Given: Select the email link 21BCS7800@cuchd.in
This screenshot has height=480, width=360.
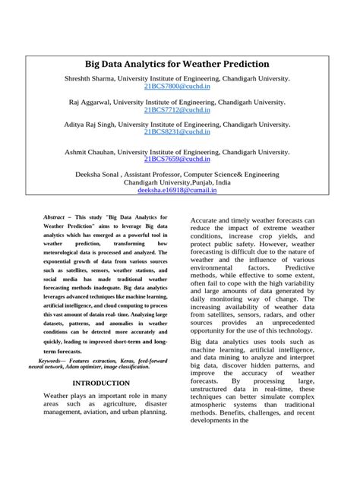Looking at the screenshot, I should (178, 88).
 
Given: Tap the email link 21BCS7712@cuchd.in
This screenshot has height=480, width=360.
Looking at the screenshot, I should (178, 110).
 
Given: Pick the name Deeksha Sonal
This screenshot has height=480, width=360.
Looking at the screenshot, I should (103, 174).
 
